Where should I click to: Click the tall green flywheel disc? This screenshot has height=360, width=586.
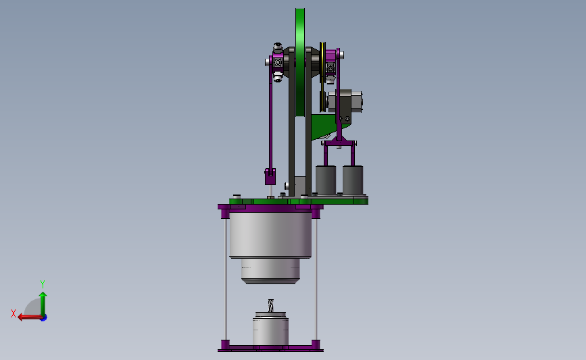point(300,62)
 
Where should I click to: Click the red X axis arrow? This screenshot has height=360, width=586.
point(30,317)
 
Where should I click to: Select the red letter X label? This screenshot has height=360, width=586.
point(14,313)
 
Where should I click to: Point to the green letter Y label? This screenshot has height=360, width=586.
point(43,284)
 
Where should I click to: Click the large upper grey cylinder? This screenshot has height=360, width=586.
point(270,235)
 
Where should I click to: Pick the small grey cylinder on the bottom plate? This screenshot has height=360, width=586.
point(270,329)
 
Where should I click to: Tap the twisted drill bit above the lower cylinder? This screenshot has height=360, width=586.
point(270,305)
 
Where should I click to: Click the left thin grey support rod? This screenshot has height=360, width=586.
point(226,279)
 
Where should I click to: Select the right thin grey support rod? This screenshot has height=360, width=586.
point(316,279)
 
